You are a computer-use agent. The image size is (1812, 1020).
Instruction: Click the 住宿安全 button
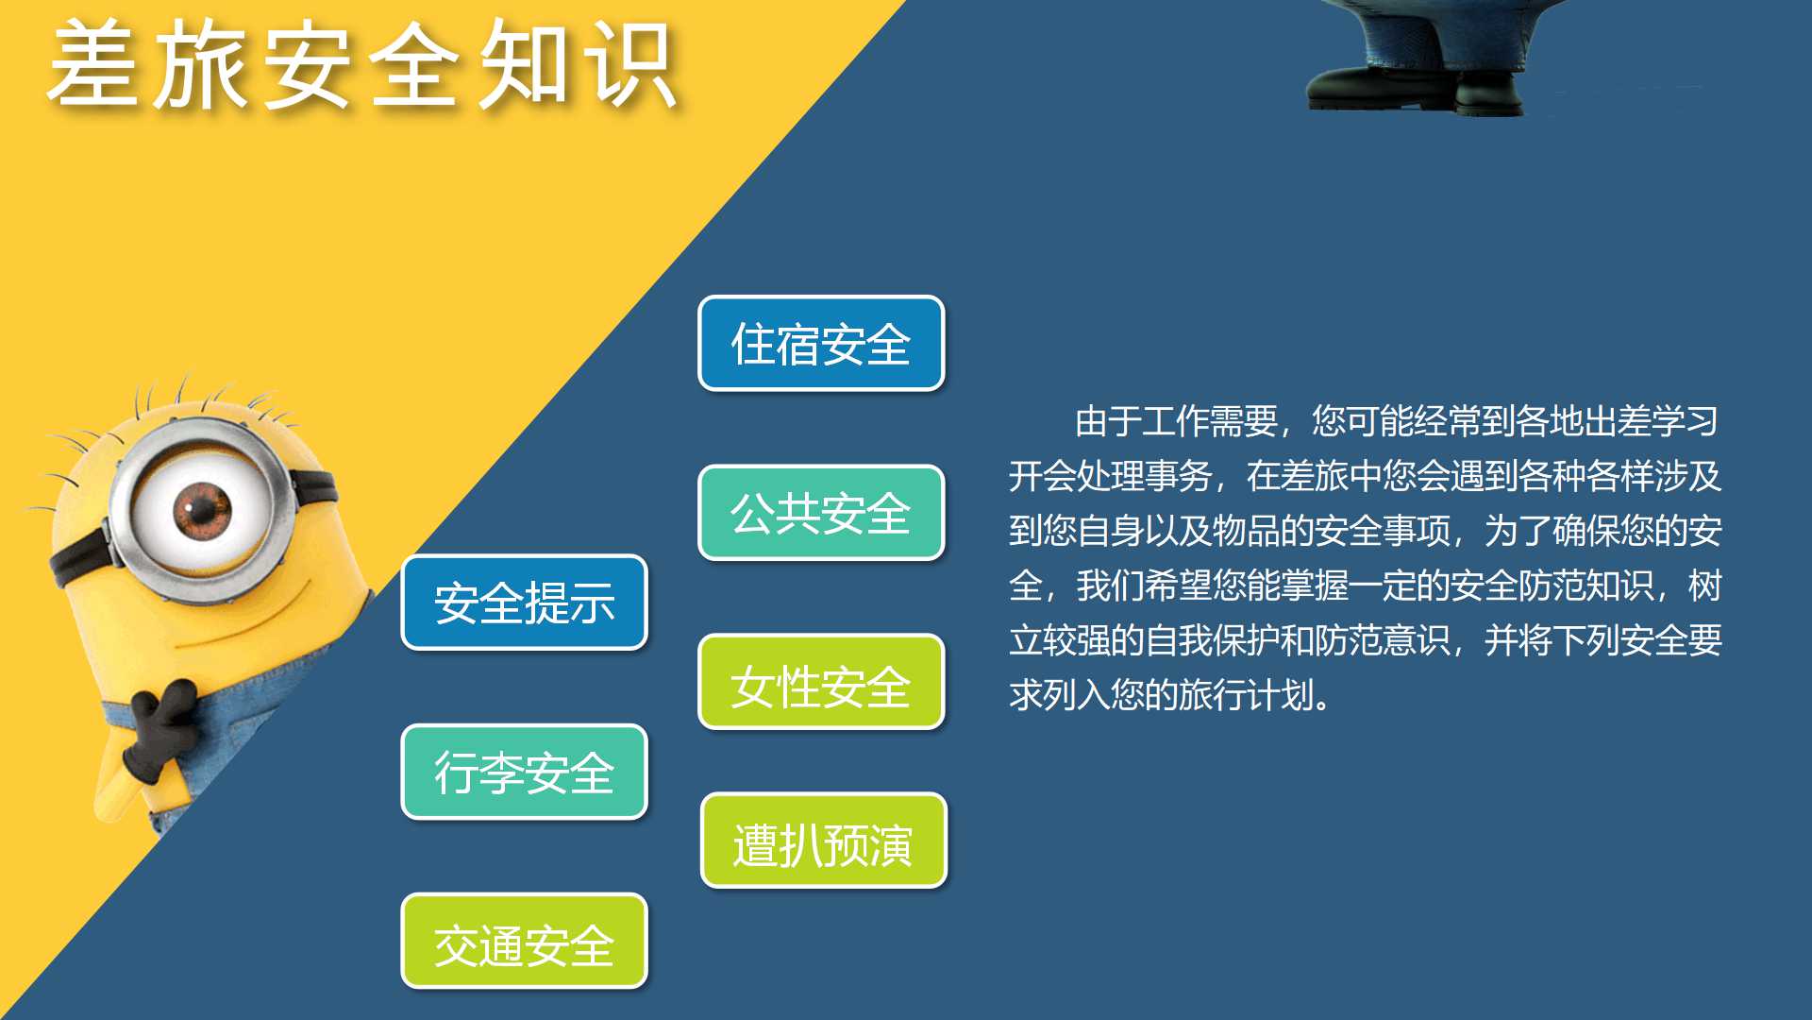(821, 343)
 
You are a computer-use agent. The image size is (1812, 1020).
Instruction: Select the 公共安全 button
(821, 512)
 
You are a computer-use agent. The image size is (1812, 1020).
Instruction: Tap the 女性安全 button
(821, 682)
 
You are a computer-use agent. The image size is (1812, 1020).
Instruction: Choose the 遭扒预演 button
(823, 841)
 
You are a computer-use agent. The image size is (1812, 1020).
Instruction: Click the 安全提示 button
(525, 603)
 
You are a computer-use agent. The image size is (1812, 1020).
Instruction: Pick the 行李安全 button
(525, 772)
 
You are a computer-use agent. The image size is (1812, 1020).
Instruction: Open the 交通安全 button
(525, 941)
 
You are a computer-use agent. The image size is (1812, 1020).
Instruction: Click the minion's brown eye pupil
(201, 510)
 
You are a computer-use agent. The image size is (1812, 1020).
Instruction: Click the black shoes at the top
(1416, 88)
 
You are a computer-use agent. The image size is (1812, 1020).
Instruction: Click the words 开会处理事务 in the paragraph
(1111, 476)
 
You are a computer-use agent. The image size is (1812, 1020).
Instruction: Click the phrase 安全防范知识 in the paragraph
(1552, 586)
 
